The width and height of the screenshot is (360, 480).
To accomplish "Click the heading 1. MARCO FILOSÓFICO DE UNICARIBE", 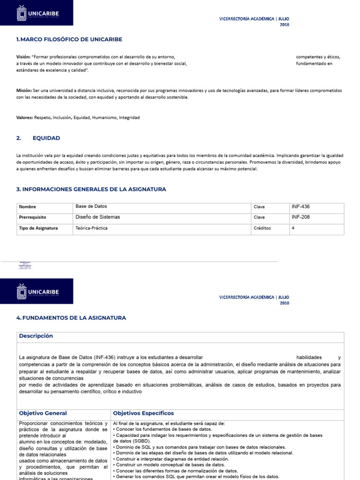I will (69, 39).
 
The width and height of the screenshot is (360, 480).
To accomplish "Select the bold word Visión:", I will (23, 57).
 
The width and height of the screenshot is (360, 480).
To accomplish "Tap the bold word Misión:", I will (24, 90).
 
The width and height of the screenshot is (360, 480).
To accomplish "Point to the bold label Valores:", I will (24, 117).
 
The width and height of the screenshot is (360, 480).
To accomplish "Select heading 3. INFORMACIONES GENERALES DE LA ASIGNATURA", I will (91, 189).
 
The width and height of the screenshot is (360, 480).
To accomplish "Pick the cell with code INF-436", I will (300, 206).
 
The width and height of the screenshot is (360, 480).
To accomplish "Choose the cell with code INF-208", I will (300, 217).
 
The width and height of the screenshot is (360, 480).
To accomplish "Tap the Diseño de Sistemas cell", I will (97, 217).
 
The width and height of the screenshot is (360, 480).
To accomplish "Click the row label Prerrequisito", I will (33, 217).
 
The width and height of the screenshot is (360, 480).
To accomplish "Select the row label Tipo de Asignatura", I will (38, 228).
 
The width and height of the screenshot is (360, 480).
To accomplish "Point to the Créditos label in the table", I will (262, 228).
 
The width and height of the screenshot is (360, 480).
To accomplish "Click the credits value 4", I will (293, 228).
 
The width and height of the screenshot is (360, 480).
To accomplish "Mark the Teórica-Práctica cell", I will (91, 228).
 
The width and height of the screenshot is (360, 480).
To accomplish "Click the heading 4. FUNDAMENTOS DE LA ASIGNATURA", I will (71, 318).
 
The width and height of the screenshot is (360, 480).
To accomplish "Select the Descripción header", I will (36, 336).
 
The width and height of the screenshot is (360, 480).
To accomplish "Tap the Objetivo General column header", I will (43, 413).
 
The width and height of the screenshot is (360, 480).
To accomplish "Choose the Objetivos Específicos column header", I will (143, 413).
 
